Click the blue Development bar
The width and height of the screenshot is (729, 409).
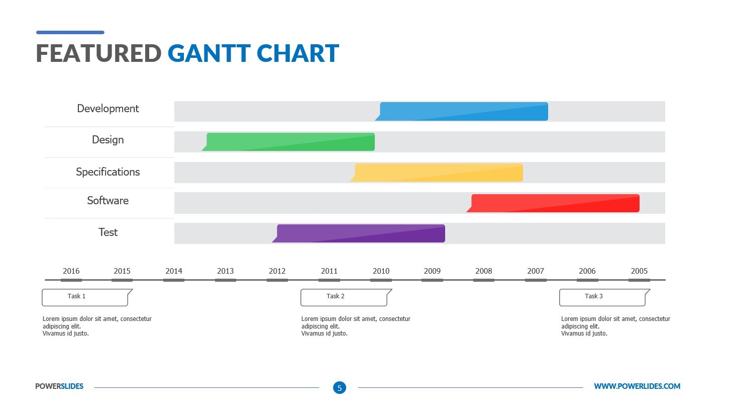[x=463, y=111]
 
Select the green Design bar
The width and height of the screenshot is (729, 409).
[x=290, y=142]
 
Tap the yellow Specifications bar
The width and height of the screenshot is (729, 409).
[x=438, y=173]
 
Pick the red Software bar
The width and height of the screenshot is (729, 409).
[x=555, y=203]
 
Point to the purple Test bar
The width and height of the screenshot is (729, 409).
[x=360, y=233]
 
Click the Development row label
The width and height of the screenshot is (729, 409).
[x=108, y=109]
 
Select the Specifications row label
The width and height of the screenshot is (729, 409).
[x=108, y=172]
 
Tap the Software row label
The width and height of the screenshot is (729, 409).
[x=108, y=201]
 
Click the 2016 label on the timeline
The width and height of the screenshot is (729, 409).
[x=71, y=271]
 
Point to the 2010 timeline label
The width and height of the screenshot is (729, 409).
[x=381, y=271]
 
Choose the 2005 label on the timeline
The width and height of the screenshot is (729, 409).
[x=639, y=271]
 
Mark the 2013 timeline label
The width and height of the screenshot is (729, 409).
[x=226, y=271]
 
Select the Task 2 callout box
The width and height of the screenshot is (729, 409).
[x=344, y=297]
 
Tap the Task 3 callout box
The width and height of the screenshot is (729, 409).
[x=602, y=297]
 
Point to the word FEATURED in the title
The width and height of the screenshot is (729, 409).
[x=98, y=53]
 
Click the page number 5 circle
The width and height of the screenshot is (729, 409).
[x=340, y=387]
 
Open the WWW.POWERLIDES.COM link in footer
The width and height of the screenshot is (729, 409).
[x=637, y=386]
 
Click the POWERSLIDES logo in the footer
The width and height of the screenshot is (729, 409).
[x=59, y=386]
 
